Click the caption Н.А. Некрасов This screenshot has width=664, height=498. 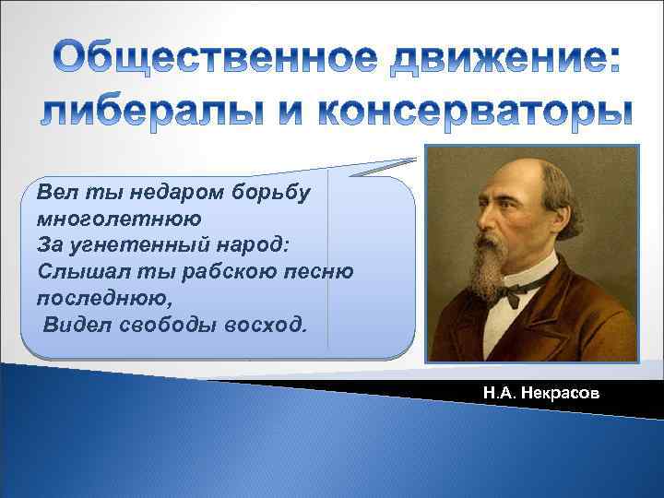pyautogui.click(x=540, y=393)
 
